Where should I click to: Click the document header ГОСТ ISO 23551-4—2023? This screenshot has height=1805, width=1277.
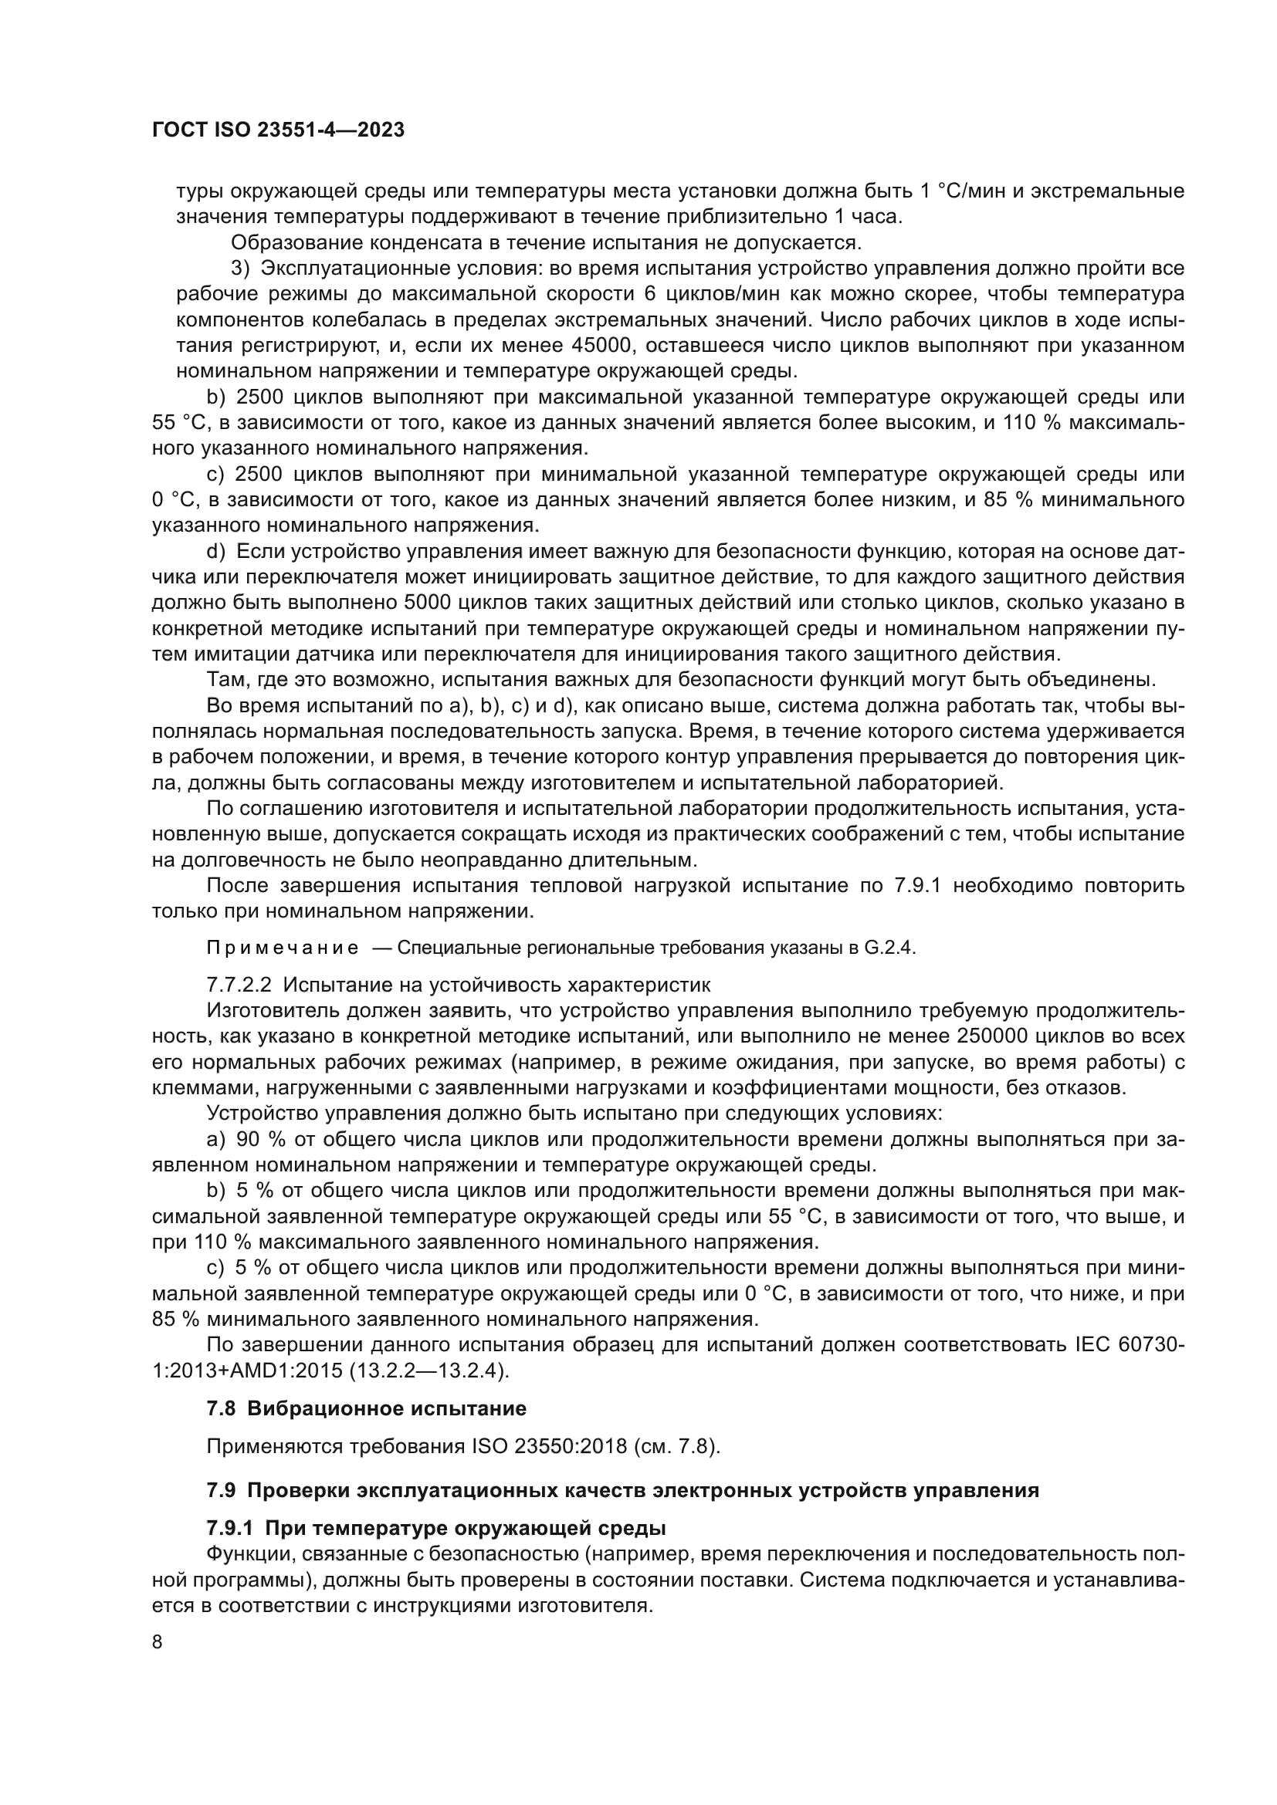coord(279,130)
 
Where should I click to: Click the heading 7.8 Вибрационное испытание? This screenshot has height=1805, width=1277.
coord(367,1408)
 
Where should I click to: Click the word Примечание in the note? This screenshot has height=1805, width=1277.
coord(283,948)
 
